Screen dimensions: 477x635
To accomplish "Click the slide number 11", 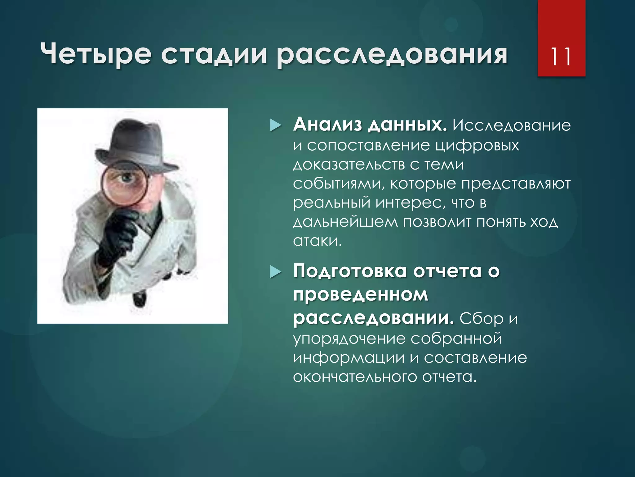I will [560, 57].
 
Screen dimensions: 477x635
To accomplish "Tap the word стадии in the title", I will [214, 55].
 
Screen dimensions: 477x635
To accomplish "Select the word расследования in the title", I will [392, 56].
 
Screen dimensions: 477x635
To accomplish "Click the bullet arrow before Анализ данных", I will [275, 126].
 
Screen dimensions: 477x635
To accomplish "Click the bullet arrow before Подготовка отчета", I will [275, 272].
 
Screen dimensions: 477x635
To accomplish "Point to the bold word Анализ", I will [327, 125].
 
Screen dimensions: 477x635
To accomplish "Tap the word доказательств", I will [349, 165].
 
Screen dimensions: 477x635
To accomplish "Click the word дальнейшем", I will [345, 222].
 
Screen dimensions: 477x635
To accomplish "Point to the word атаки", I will [317, 241].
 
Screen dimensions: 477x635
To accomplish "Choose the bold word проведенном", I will [360, 295].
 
